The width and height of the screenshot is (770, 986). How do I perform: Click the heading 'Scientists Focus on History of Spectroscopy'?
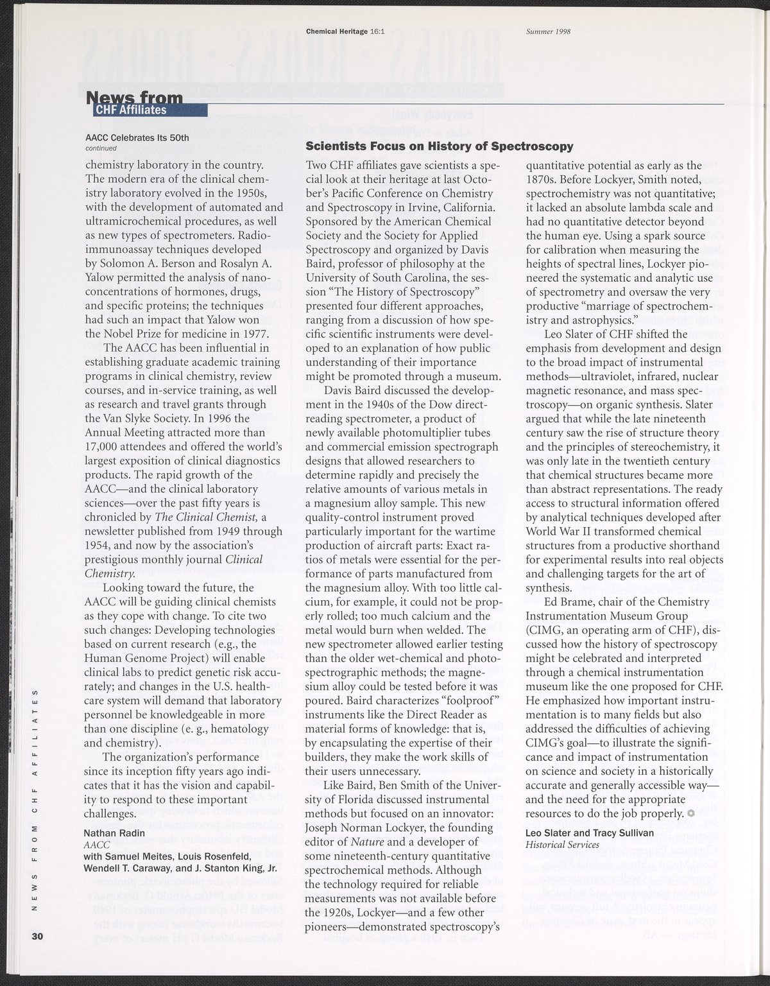pyautogui.click(x=440, y=146)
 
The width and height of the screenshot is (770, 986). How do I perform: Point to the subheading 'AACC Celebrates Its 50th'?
pyautogui.click(x=137, y=137)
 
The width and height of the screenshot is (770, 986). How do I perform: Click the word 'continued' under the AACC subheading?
pyautogui.click(x=100, y=148)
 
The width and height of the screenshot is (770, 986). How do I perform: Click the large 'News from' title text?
pyautogui.click(x=135, y=97)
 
